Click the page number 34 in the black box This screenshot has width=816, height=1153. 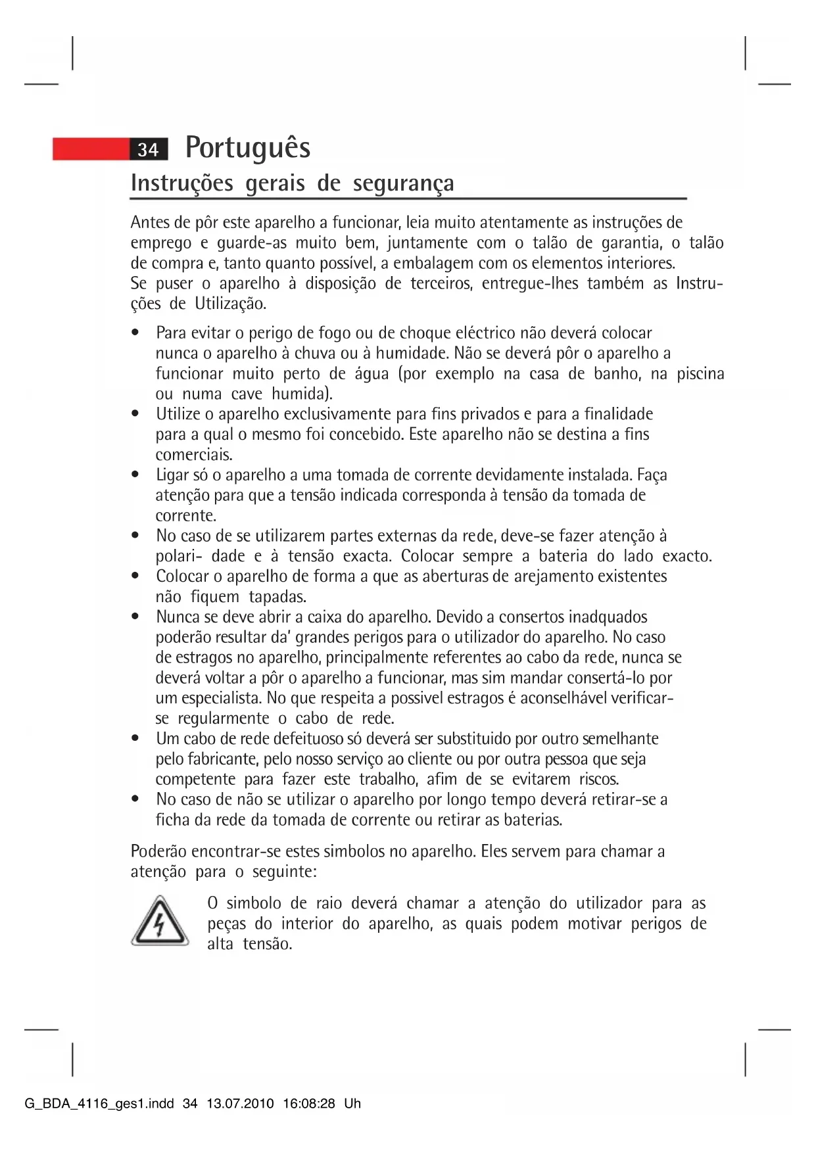tap(149, 150)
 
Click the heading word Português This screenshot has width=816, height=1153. tap(248, 147)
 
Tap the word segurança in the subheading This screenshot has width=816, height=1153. tap(403, 183)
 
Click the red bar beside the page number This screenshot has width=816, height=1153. tap(91, 149)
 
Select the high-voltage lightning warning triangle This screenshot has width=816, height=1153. tap(160, 921)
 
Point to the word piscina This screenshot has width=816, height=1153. tap(700, 374)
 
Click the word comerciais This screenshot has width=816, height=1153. tap(193, 455)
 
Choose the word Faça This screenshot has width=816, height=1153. tap(652, 475)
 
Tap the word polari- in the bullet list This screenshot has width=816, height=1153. tap(178, 556)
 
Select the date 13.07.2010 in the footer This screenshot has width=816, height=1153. tap(240, 1104)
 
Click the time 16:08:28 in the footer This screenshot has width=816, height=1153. tap(309, 1104)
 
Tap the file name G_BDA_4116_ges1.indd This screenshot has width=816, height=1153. tap(99, 1104)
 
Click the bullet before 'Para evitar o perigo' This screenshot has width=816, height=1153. tap(135, 333)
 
